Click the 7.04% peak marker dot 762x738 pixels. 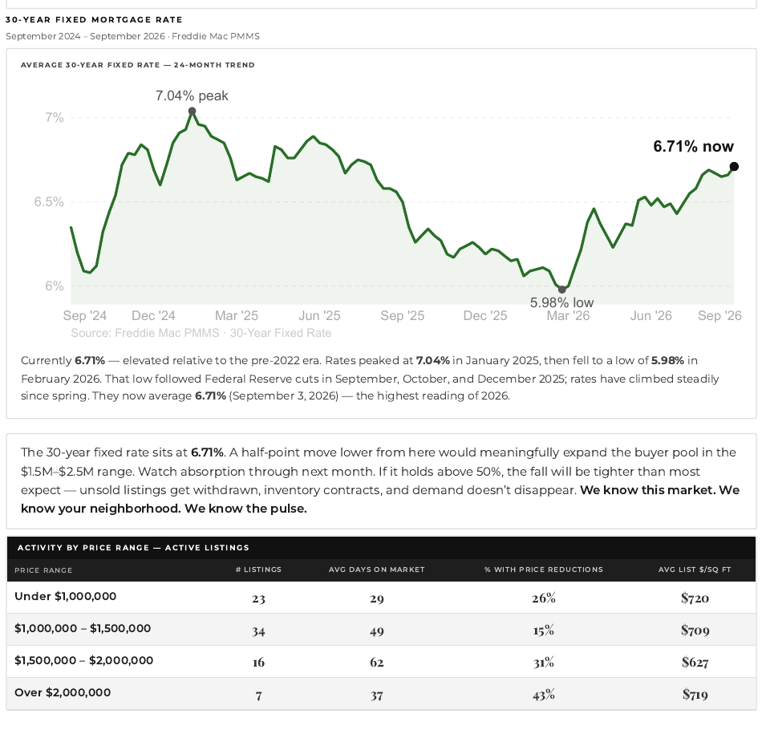coord(192,112)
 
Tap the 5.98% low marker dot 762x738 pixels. coord(562,290)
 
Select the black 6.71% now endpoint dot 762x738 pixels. coord(734,167)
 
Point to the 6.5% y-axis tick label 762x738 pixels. coord(49,202)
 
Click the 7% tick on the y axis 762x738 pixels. coord(55,118)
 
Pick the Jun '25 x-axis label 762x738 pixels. coord(319,315)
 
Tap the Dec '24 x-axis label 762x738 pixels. coord(153,315)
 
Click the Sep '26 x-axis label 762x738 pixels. coord(719,315)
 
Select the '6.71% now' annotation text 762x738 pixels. coord(693,146)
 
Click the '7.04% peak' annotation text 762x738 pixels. coord(192,95)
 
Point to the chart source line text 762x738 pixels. coord(201,333)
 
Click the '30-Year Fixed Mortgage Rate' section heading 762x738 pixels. coord(94,20)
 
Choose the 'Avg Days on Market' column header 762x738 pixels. coord(377,570)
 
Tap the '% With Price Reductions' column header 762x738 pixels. coord(543,570)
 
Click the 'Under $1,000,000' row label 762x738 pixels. coord(66,597)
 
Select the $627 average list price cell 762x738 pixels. coord(695,662)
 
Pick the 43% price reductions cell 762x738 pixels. coord(543,695)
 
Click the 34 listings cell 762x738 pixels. coord(258,631)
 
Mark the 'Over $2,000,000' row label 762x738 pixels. coord(63,693)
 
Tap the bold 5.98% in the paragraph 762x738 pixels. coord(667,361)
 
